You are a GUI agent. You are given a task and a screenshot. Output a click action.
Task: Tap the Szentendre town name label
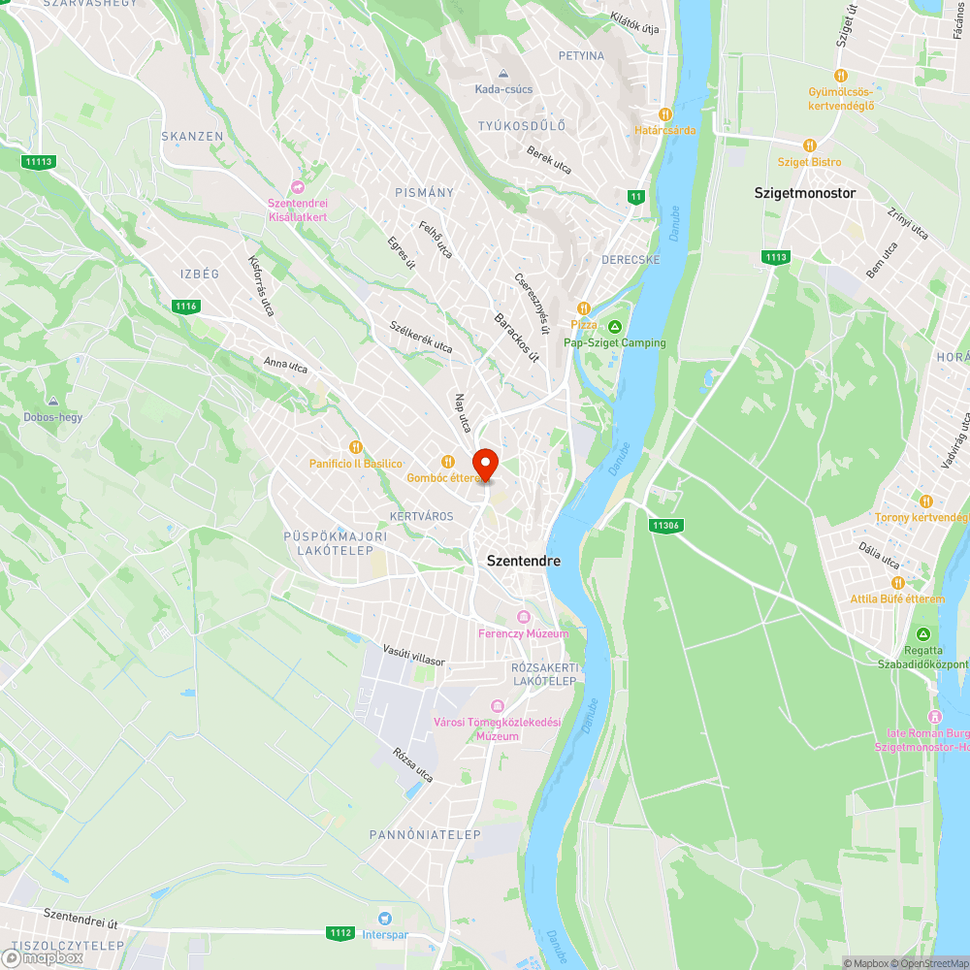[x=524, y=561]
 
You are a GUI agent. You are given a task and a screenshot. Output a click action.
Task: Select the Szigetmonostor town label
[x=805, y=193]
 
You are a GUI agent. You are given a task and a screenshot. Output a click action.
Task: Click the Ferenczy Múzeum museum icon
[x=524, y=617]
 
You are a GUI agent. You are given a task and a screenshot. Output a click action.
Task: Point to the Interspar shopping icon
[x=386, y=918]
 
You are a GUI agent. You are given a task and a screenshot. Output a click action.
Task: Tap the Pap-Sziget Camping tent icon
[x=615, y=326]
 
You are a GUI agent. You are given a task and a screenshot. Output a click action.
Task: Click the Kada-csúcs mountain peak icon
[x=502, y=74]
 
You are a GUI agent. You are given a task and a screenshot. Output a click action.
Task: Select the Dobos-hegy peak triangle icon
[x=52, y=402]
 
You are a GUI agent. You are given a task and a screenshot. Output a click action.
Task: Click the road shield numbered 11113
[x=39, y=162]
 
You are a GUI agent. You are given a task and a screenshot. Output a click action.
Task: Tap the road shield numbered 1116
[x=186, y=307]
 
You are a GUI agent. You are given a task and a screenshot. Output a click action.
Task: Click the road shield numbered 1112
[x=340, y=933]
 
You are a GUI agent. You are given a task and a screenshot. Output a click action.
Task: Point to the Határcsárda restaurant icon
[x=664, y=114]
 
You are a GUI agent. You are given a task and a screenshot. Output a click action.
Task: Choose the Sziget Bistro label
[x=809, y=162]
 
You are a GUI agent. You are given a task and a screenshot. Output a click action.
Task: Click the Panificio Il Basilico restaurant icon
[x=356, y=447]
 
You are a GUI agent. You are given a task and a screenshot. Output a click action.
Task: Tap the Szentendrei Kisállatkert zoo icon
[x=298, y=187]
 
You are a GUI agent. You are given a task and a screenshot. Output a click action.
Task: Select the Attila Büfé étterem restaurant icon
[x=896, y=583]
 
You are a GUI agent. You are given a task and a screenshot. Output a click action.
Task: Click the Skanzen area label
[x=192, y=137]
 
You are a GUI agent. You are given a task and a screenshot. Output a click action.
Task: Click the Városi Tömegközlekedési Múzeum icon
[x=498, y=706]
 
